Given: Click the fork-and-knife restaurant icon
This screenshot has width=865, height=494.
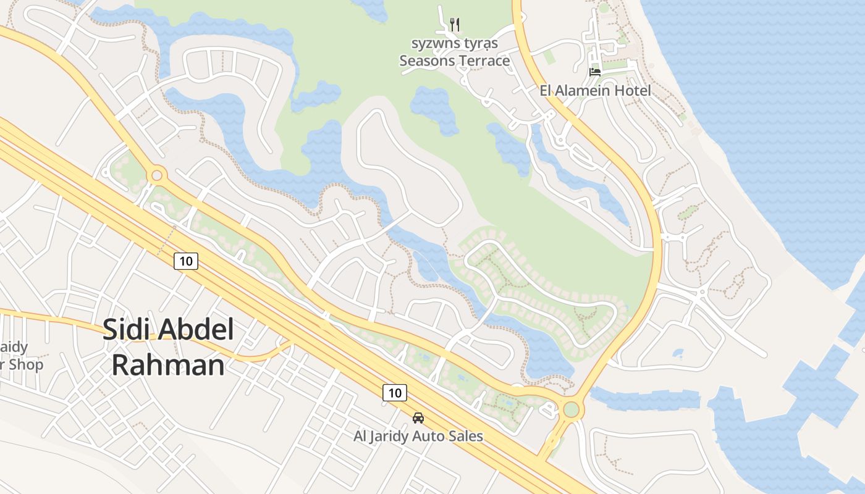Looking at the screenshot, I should coord(455,25).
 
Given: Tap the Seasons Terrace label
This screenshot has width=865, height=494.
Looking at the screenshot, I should coord(454,61).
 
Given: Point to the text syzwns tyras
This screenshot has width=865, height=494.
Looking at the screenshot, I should coord(454,44).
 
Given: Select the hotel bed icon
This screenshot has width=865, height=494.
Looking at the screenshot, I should coord(595,72).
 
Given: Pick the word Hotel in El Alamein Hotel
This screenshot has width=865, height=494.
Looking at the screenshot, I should coord(632,91).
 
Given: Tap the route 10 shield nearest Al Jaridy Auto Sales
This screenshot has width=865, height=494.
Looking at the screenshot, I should coord(395,392).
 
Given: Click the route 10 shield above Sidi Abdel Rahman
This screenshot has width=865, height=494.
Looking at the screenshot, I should coord(185,261).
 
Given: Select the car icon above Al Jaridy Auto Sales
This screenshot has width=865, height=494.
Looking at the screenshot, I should coord(418,418).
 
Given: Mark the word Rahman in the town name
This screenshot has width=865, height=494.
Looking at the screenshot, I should coord(167,365).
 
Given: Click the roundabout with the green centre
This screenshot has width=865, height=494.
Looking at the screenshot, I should coord(572,409).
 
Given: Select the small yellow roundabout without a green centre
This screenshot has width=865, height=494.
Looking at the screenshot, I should coord(157,175).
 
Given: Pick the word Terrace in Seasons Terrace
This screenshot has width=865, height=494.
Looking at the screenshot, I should coord(484,61).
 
